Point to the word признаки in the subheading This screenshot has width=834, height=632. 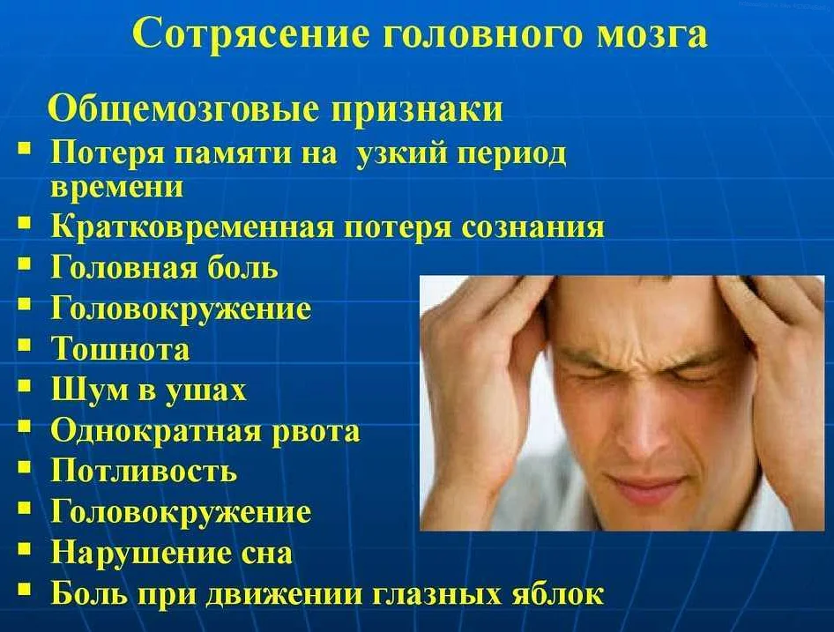(417, 111)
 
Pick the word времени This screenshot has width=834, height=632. (117, 187)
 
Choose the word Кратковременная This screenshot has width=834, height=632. (192, 227)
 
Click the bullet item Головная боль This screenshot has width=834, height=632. (164, 267)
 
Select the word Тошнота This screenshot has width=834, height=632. (120, 349)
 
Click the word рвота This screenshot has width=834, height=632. (316, 431)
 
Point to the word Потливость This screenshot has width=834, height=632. (144, 472)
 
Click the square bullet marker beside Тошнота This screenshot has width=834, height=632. (24, 346)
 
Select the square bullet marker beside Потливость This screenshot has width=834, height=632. (24, 467)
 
